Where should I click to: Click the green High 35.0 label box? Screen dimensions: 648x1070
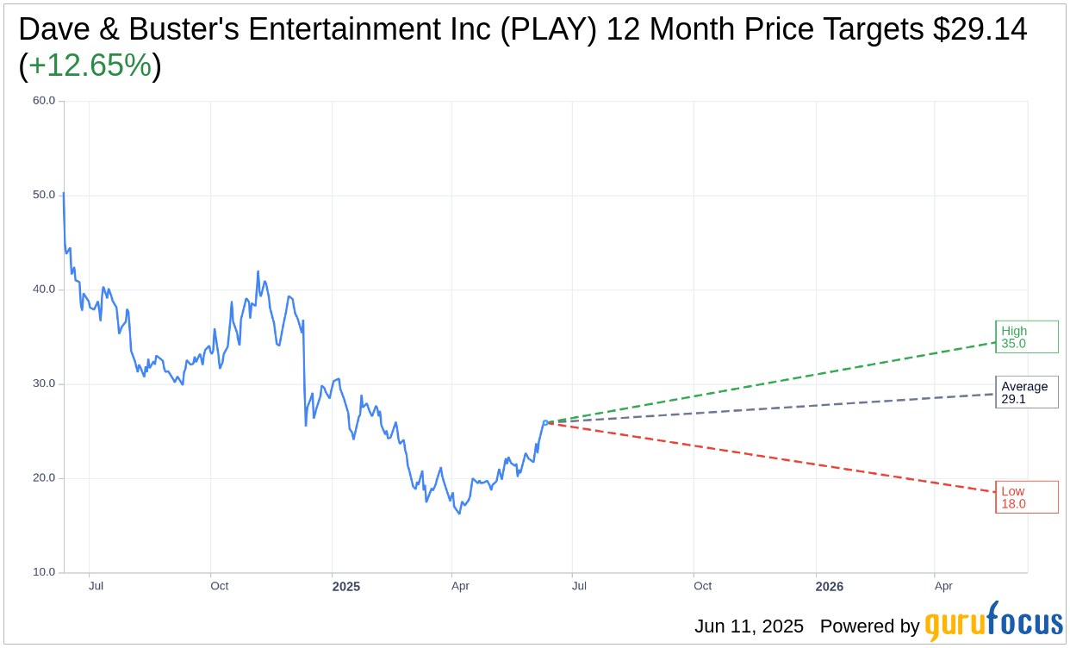coord(1026,337)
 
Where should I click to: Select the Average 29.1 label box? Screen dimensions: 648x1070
coord(1026,392)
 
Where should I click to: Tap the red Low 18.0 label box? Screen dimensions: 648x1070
coord(1026,497)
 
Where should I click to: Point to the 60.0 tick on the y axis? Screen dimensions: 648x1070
coord(44,101)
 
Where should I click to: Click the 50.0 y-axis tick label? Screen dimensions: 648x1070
coord(44,195)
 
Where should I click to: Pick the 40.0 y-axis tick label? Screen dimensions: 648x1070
coord(44,290)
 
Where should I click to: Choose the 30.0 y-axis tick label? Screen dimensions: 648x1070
coord(44,383)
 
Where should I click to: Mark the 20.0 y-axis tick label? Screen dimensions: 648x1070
coord(44,478)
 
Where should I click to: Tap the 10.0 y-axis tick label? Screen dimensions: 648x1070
coord(44,572)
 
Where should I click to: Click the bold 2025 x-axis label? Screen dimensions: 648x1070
coord(346,587)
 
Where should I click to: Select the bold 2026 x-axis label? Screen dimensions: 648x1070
coord(830,587)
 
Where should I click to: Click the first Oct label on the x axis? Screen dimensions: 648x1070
coord(220,586)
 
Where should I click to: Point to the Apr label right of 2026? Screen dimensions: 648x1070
coord(943,586)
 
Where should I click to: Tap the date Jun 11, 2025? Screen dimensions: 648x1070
coord(749,626)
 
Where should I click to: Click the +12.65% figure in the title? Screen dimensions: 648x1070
coord(90,65)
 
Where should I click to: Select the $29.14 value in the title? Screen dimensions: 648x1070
coord(980,29)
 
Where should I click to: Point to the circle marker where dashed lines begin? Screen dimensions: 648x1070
coord(545,422)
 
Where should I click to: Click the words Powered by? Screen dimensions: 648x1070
coord(869,626)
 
